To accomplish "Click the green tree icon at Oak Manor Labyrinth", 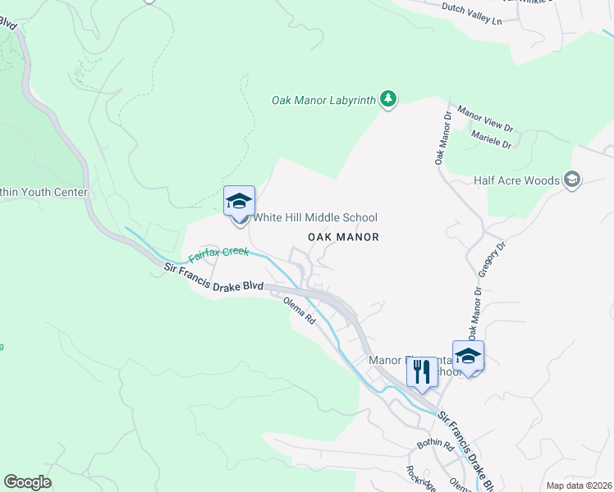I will point(388,100).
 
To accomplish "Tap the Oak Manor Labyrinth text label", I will point(323,101).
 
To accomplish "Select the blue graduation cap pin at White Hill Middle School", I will point(239,201).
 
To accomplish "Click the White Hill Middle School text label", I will point(315,217).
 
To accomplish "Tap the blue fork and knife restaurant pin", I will point(422,372).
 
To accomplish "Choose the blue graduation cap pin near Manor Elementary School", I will point(468,356).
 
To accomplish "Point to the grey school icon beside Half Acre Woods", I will point(572,180).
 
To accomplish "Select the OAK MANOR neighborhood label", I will point(343,237).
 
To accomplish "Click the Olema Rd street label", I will point(300,311).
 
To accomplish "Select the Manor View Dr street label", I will point(485,119).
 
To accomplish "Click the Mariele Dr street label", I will point(489,141).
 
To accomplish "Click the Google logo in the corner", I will point(27,482).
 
